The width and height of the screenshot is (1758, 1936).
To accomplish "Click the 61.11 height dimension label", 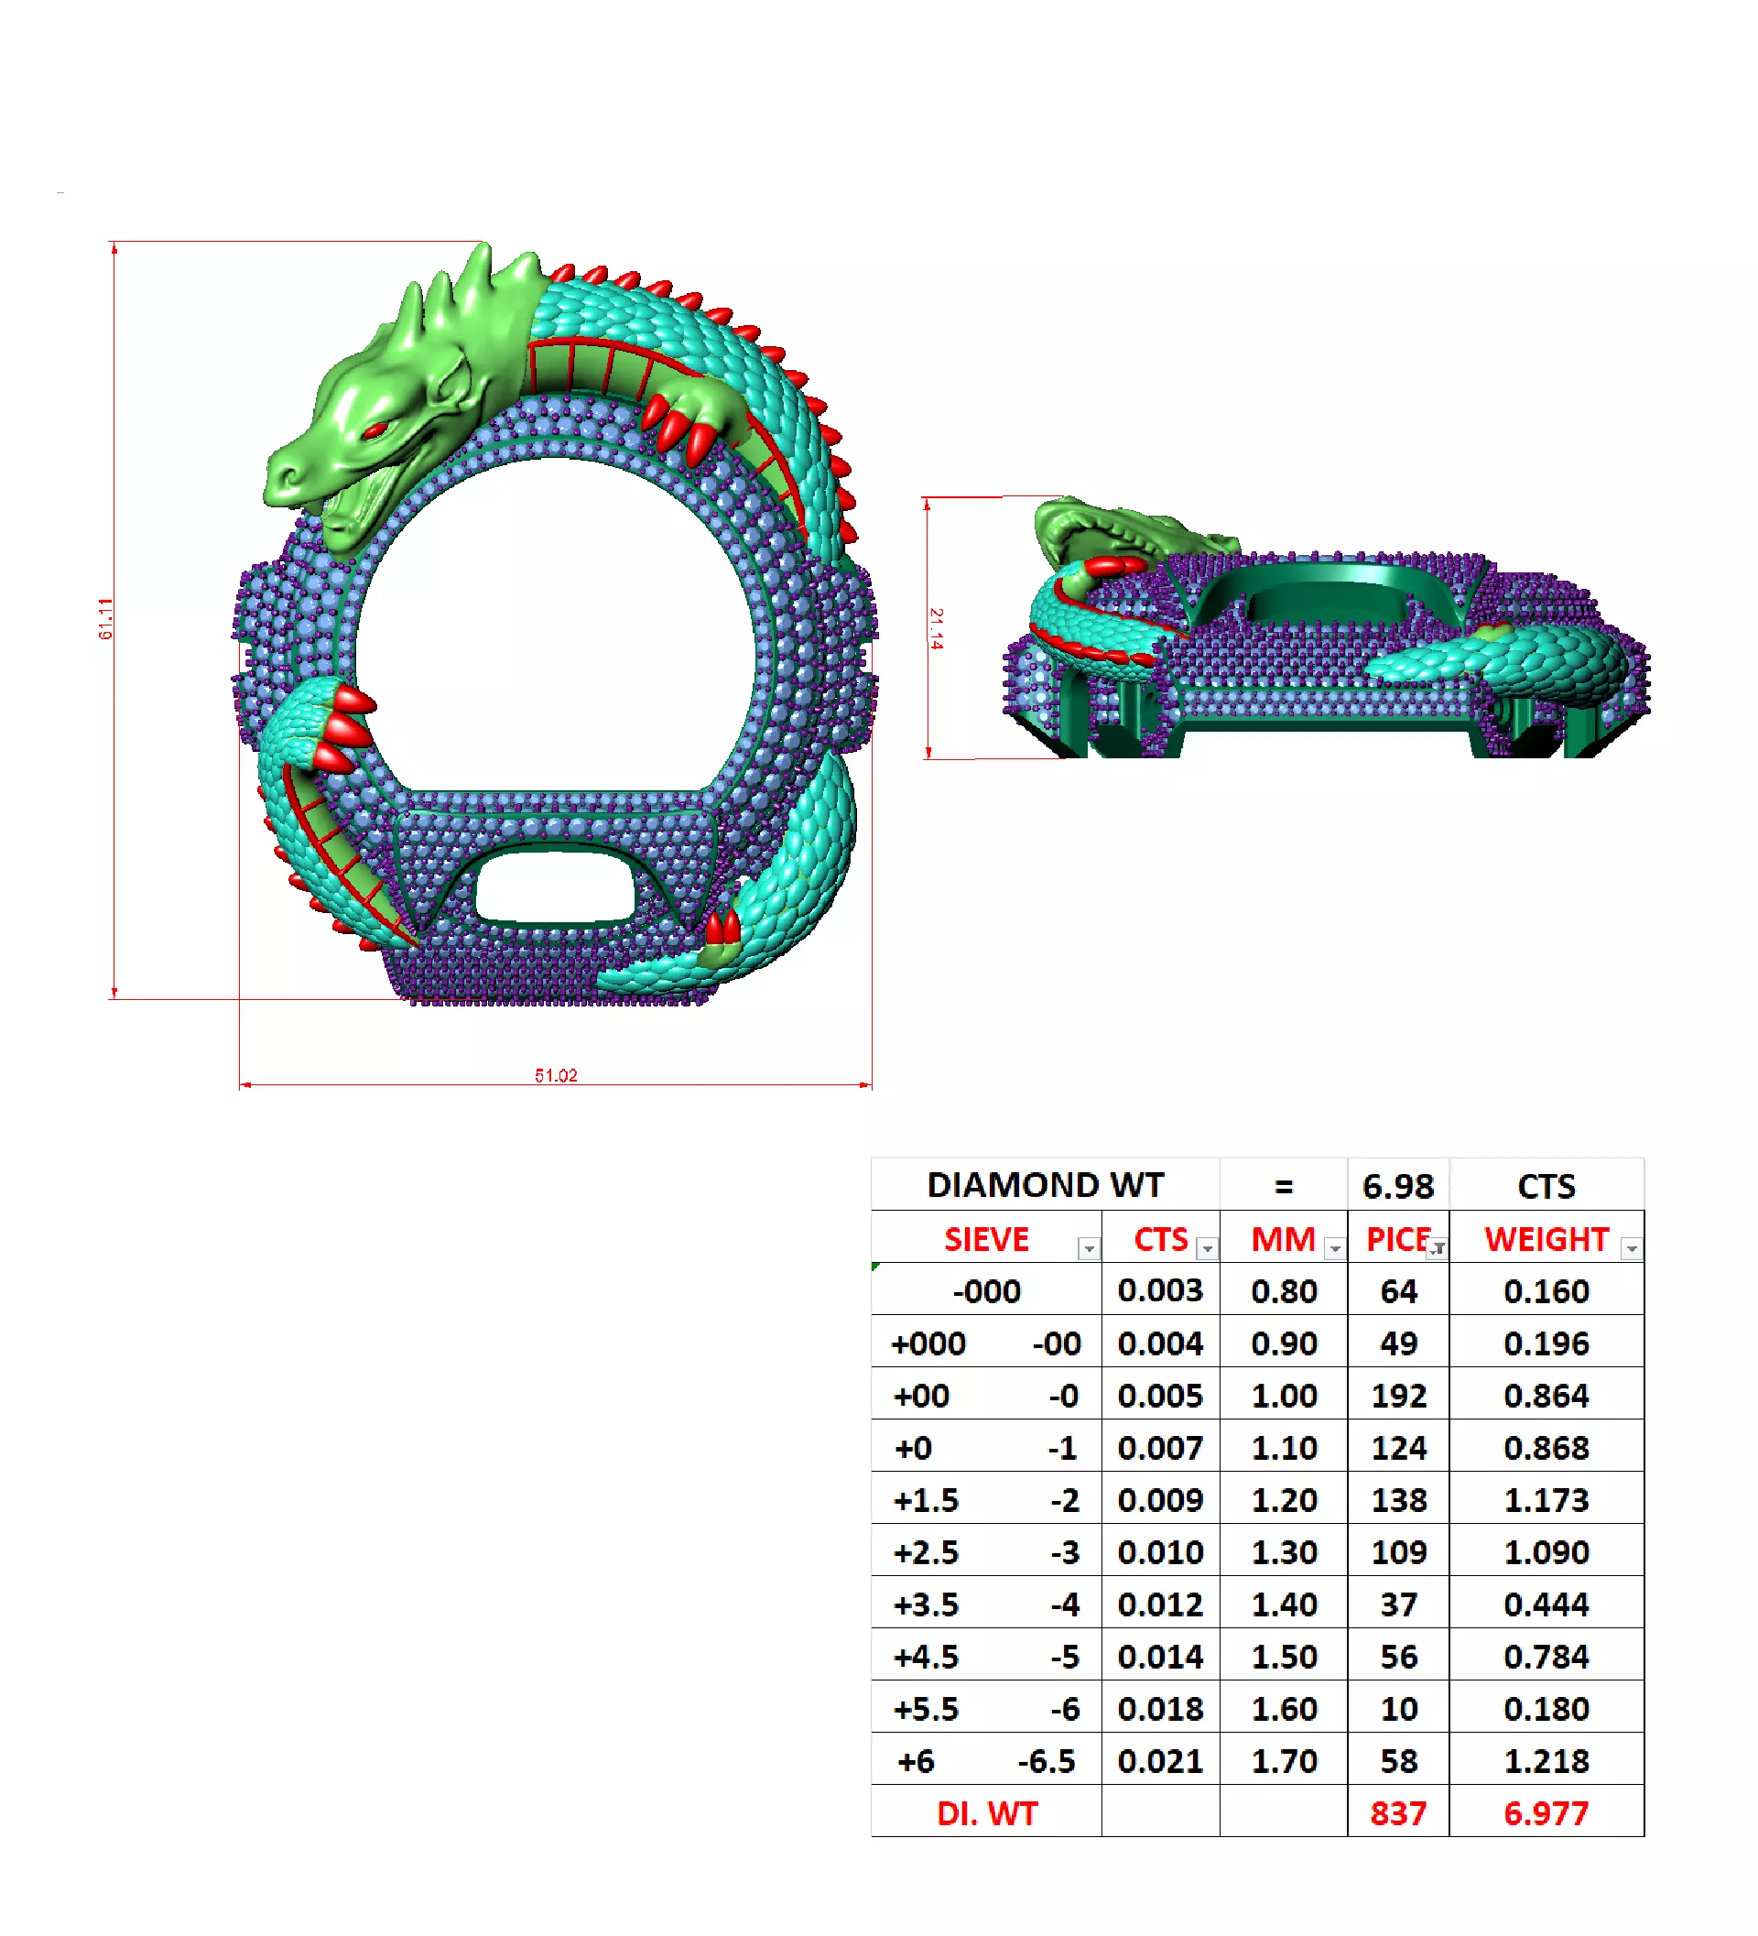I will pyautogui.click(x=105, y=619).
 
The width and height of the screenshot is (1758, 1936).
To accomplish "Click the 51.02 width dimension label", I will pyautogui.click(x=556, y=1075).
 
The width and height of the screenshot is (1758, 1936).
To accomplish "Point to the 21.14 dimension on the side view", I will pyautogui.click(x=936, y=629).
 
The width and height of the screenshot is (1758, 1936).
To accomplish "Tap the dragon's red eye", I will pyautogui.click(x=375, y=430).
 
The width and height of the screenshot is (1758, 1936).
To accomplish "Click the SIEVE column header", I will pyautogui.click(x=986, y=1240).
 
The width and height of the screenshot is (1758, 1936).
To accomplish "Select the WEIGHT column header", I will pyautogui.click(x=1546, y=1240).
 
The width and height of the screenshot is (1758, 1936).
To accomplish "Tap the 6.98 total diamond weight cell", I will pyautogui.click(x=1398, y=1187).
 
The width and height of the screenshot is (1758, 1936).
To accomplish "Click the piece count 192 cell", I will pyautogui.click(x=1398, y=1397).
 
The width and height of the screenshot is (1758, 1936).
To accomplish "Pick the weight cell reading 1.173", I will pyautogui.click(x=1546, y=1501).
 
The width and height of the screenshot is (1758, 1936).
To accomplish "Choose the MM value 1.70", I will pyautogui.click(x=1284, y=1762).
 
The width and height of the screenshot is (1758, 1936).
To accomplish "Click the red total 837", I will pyautogui.click(x=1398, y=1814).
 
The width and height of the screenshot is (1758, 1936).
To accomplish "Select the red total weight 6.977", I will pyautogui.click(x=1546, y=1814).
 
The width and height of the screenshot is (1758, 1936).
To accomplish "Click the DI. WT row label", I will pyautogui.click(x=986, y=1814).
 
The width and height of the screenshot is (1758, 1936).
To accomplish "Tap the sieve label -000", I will pyautogui.click(x=986, y=1291).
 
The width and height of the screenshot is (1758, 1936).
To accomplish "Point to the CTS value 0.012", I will pyautogui.click(x=1160, y=1605).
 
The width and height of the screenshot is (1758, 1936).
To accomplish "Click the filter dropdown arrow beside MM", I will pyautogui.click(x=1335, y=1248).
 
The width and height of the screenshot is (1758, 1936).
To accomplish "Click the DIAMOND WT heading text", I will pyautogui.click(x=1045, y=1186).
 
